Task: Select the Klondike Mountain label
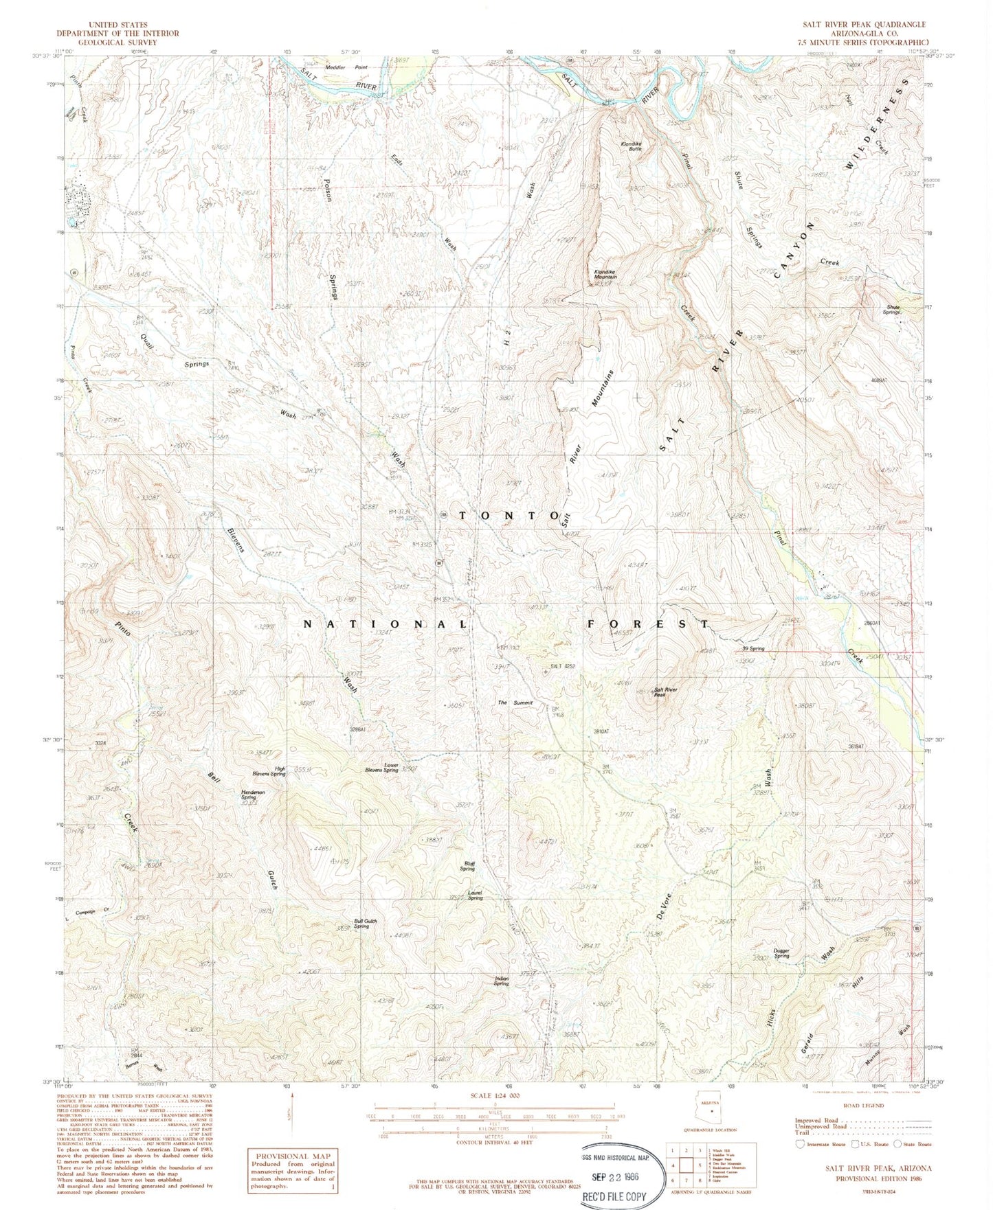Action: click(x=605, y=274)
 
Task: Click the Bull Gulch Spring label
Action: click(x=366, y=924)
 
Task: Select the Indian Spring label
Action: click(x=502, y=981)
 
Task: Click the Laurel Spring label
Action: click(x=475, y=895)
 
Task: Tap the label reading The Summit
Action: click(x=515, y=703)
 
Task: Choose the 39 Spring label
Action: click(x=752, y=648)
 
